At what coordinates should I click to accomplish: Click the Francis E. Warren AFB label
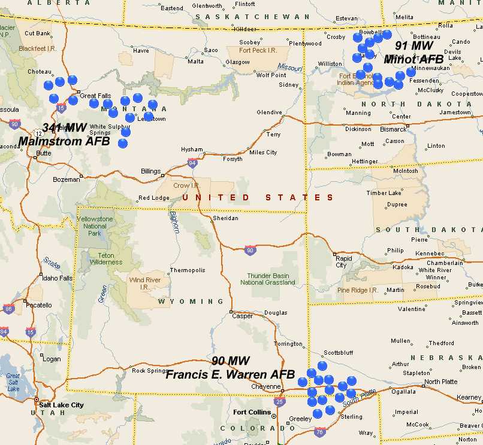coord(231,375)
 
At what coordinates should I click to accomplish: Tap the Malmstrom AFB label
coord(65,142)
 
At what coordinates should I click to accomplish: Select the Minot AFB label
coord(413,59)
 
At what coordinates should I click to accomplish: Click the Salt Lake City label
coord(61,405)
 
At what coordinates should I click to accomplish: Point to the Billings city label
coord(150,171)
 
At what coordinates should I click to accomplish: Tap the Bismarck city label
coord(394,129)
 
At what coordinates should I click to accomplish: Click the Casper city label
coord(242,316)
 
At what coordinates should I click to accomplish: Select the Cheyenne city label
coord(265,386)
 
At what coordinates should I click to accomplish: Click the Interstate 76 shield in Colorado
coord(319,432)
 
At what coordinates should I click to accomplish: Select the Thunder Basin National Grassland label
coord(267,279)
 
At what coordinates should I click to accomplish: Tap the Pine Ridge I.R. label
coord(358,290)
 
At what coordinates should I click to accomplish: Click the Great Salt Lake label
coord(13,382)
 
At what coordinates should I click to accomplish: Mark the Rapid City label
coord(340,261)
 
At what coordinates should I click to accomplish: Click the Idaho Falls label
coord(58,278)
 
